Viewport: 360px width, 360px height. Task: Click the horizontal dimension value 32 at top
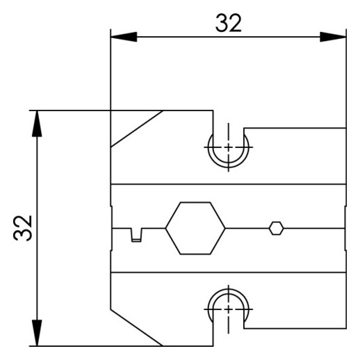[x=229, y=23]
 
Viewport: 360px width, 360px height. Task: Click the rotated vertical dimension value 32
[x=22, y=228]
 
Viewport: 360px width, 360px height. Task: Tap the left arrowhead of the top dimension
[x=124, y=37]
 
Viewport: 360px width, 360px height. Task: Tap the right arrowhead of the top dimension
[x=333, y=37]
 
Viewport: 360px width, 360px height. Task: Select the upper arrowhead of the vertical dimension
[x=37, y=124]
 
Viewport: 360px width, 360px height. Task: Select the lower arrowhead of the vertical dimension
[x=37, y=333]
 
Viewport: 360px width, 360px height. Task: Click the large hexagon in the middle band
[x=195, y=229]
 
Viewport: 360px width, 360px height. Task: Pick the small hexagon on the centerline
[x=276, y=229]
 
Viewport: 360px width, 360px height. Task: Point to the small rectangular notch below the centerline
[x=136, y=235]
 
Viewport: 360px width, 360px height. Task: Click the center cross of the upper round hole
[x=229, y=147]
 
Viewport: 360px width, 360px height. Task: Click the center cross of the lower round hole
[x=229, y=309]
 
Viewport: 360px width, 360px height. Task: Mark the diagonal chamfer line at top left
[x=137, y=129]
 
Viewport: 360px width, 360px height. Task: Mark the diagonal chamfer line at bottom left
[x=137, y=327]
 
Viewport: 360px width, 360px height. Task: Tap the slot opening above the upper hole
[x=229, y=130]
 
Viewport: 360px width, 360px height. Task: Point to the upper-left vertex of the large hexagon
[x=181, y=202]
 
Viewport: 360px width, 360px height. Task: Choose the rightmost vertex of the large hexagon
[x=225, y=229]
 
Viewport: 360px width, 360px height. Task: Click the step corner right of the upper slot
[x=244, y=128]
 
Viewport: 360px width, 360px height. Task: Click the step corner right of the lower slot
[x=244, y=329]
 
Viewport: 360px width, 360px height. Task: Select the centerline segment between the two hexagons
[x=247, y=229]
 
